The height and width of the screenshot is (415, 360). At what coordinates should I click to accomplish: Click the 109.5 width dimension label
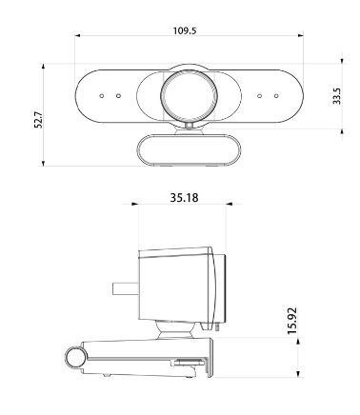[185, 30]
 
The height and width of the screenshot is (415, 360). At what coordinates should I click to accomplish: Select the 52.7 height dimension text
[38, 120]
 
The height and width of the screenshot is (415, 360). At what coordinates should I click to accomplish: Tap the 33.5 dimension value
[336, 96]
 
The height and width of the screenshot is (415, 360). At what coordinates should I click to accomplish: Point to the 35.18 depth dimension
[184, 198]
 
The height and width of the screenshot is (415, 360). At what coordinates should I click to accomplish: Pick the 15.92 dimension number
[291, 321]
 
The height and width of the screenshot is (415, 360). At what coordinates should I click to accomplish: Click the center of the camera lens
[189, 96]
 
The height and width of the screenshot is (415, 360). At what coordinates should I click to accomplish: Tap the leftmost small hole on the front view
[102, 96]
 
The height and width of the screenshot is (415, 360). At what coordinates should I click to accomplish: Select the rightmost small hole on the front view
[276, 96]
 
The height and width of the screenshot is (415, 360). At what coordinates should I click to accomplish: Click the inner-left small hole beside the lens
[118, 96]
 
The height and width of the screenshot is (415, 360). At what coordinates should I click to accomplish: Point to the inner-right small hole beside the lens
[260, 96]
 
